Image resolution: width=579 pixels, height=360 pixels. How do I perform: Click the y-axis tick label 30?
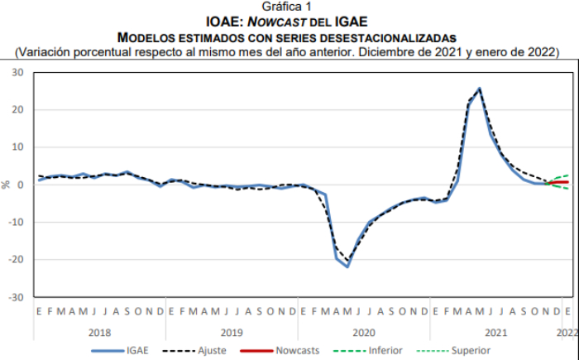(x=17, y=73)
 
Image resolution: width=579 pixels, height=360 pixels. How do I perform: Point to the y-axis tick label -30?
(x=16, y=296)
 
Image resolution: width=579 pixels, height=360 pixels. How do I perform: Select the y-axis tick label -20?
(x=16, y=259)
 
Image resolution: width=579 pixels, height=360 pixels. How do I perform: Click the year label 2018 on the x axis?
(x=98, y=332)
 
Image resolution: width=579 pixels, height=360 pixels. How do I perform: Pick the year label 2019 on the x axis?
(x=231, y=332)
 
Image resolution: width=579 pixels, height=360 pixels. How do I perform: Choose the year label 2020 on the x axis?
(x=363, y=332)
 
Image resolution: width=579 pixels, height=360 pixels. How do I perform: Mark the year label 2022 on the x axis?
(x=567, y=332)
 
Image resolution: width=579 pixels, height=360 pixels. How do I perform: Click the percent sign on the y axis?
(x=7, y=185)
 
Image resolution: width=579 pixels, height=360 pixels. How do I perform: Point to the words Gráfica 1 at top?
(x=289, y=6)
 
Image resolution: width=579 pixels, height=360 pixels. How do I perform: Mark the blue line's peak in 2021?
(x=480, y=89)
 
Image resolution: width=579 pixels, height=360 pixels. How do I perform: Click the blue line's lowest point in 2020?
(x=347, y=266)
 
